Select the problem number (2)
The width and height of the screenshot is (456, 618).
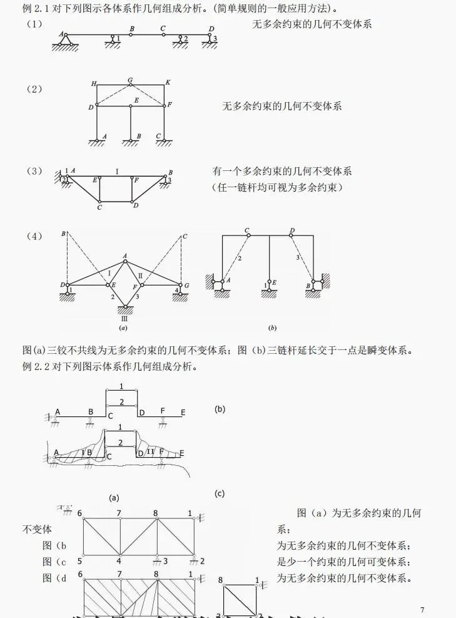[34, 89]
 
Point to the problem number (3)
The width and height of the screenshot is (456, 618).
[34, 171]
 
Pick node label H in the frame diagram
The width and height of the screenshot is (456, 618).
[93, 83]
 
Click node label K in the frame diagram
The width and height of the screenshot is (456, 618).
[168, 83]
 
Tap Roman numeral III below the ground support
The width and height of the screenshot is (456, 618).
[124, 318]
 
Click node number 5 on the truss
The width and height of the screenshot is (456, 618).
[80, 560]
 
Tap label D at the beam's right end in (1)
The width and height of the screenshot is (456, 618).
[211, 29]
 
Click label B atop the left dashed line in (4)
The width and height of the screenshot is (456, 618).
[63, 234]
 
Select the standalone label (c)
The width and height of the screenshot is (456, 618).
[219, 493]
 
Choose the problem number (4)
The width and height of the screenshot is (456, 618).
[34, 236]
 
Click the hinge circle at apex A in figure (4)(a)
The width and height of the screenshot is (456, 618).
[125, 261]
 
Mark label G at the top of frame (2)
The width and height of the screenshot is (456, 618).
[129, 80]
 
